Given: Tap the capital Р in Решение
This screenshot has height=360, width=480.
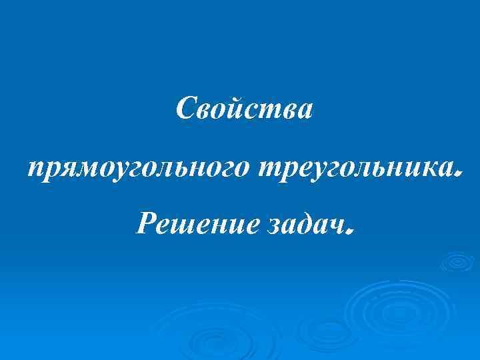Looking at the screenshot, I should [145, 225].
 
